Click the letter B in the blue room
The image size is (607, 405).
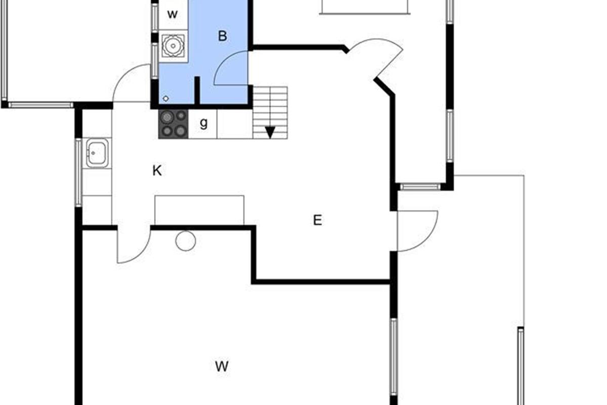point(223,36)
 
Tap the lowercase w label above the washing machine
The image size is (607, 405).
point(172,14)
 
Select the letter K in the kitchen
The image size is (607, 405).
point(157,171)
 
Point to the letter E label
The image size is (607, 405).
point(318,220)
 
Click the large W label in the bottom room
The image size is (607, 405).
point(222,366)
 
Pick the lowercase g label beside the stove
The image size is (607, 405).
point(203,124)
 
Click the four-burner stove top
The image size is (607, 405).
point(173,124)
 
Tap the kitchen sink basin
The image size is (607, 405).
point(97,153)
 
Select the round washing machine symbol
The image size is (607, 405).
point(173,46)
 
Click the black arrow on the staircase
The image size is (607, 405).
point(270,133)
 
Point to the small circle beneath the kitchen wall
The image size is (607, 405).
point(186,241)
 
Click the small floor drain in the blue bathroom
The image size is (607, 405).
point(166,99)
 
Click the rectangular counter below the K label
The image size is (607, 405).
point(199,210)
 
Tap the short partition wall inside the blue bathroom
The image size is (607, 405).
point(197,91)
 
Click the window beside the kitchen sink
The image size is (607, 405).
point(78,173)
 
